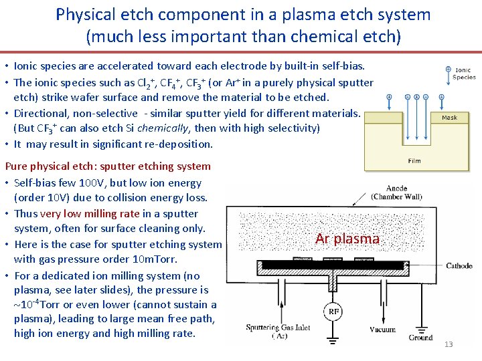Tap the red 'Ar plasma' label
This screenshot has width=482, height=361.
(347, 239)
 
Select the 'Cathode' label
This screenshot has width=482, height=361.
(459, 266)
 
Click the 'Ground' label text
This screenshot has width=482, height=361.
(420, 338)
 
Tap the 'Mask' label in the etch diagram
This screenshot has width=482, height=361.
(449, 118)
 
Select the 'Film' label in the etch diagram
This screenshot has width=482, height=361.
(414, 161)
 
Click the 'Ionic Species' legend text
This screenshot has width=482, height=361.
(464, 74)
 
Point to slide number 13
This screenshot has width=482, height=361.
(449, 344)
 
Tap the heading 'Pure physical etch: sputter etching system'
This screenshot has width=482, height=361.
(108, 166)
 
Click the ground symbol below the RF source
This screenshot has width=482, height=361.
(333, 341)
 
